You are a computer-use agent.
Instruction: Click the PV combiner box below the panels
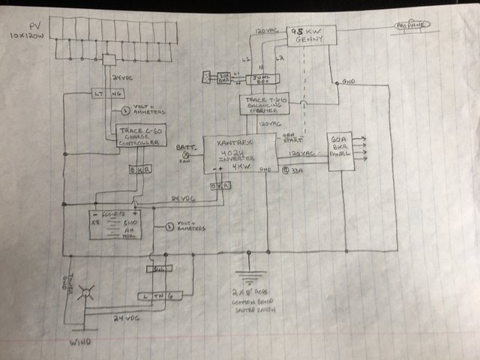(x=109, y=59)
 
